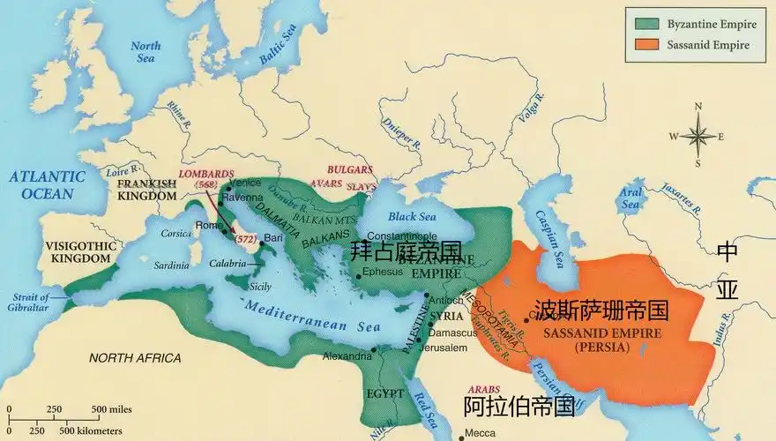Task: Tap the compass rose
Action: coord(698,136)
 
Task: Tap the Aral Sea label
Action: coord(630,198)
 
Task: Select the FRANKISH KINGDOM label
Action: coord(149,190)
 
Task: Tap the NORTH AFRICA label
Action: coord(135,358)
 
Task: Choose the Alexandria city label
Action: coord(347,357)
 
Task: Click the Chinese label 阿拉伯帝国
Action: coord(519,407)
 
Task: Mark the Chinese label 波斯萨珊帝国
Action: coord(601,310)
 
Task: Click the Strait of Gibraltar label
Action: coord(30,302)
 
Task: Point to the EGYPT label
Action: coord(384,392)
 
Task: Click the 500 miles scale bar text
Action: coord(111,408)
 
